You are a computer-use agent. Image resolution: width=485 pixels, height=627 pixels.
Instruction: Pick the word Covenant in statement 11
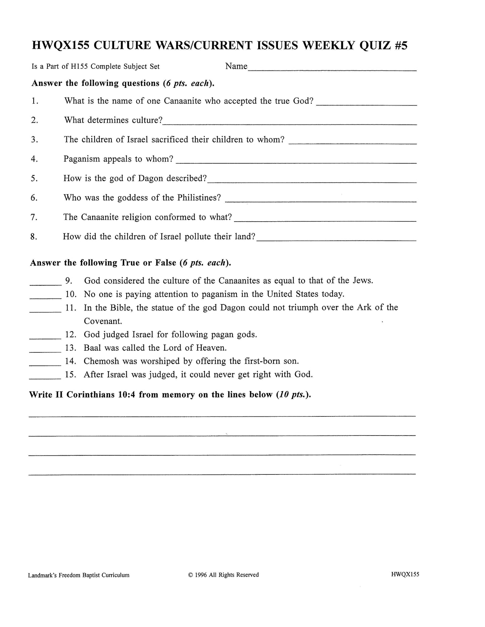[x=103, y=321]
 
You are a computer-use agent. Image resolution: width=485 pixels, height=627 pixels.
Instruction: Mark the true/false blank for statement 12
[x=45, y=338]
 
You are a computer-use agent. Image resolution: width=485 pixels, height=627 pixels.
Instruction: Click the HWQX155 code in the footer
[x=405, y=574]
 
